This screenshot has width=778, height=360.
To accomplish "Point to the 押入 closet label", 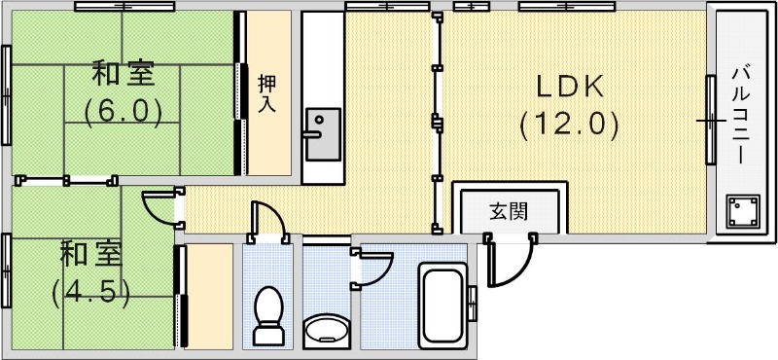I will [x=266, y=93].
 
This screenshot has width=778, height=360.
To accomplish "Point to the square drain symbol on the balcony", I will [x=744, y=211].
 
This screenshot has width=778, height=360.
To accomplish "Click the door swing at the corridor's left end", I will [x=159, y=206].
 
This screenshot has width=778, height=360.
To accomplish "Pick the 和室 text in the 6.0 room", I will [x=122, y=74].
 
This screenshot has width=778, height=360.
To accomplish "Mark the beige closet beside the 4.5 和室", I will [x=209, y=296].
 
